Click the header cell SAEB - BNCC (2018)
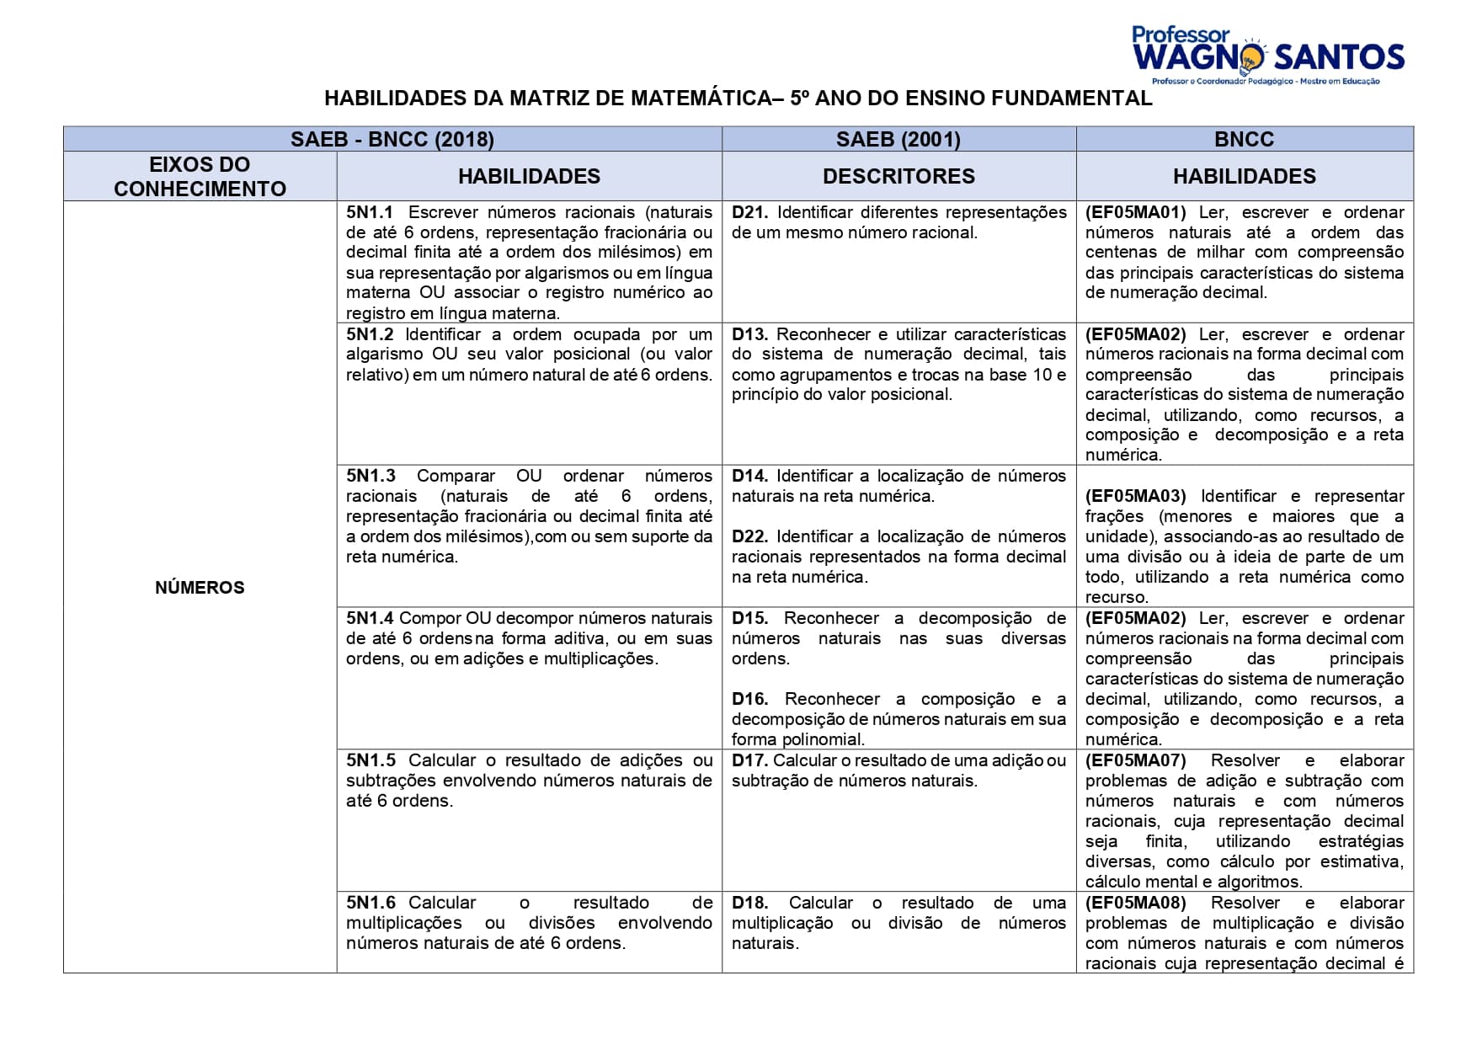[x=392, y=139]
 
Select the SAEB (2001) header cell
[x=898, y=139]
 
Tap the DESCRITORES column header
[x=898, y=176]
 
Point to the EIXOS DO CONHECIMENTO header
[x=200, y=176]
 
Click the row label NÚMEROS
[x=200, y=588]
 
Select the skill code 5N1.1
[x=370, y=212]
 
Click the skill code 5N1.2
[x=370, y=334]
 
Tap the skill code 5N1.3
[x=371, y=476]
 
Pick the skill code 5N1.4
[x=370, y=618]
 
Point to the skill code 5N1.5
[x=371, y=760]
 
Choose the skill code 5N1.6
[x=371, y=903]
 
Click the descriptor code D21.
[x=749, y=212]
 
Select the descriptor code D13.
[x=749, y=334]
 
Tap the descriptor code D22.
[x=749, y=536]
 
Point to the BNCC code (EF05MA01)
[x=1135, y=212]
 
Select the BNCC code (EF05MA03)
[x=1135, y=496]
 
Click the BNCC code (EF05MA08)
[x=1135, y=903]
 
